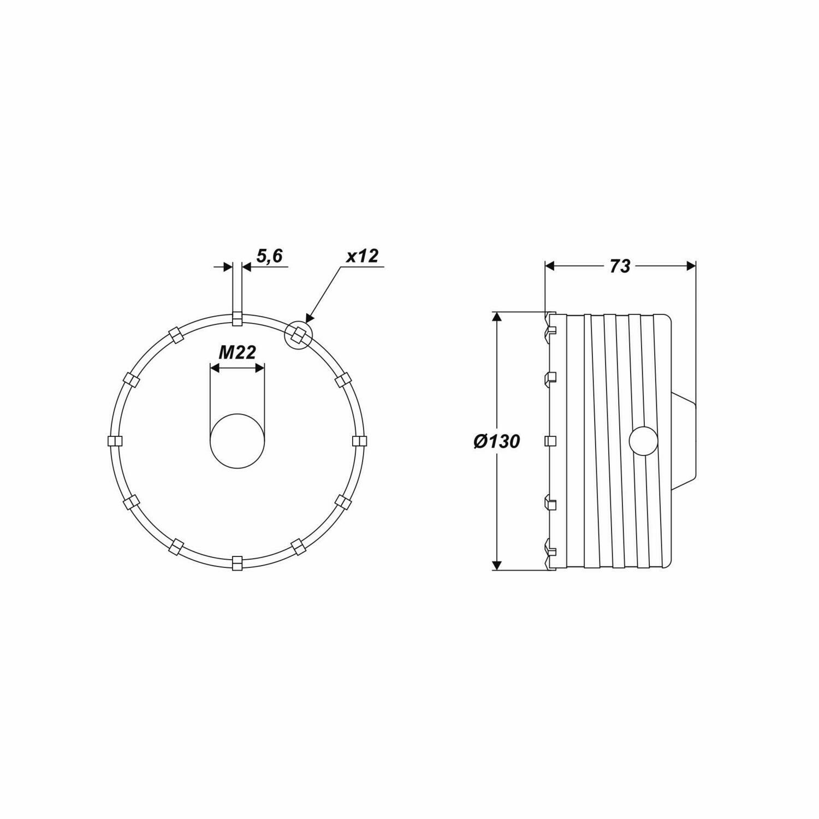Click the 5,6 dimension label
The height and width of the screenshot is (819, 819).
(x=270, y=256)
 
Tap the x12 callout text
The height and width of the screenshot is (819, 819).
(x=362, y=256)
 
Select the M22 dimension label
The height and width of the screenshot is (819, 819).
(x=237, y=353)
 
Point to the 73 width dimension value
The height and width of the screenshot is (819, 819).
(x=620, y=266)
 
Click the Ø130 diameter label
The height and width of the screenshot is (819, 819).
(x=496, y=441)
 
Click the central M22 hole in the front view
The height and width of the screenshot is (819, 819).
(x=237, y=441)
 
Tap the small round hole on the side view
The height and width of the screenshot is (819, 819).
(x=643, y=441)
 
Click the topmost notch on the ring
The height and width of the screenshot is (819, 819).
(x=237, y=318)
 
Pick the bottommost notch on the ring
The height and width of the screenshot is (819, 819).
(x=237, y=563)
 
